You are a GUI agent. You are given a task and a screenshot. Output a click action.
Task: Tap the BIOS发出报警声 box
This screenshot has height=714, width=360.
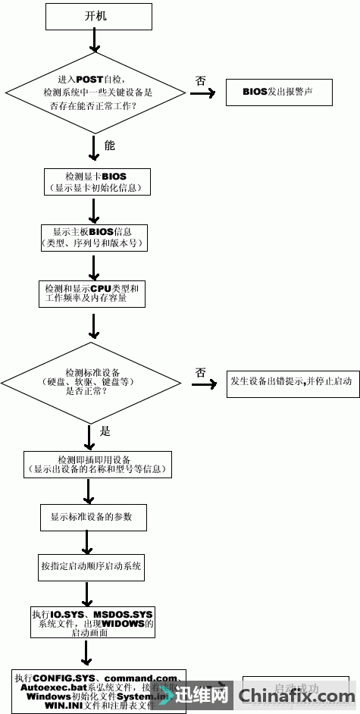[x=277, y=92]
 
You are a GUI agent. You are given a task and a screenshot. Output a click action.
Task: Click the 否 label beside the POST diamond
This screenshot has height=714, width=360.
[x=200, y=80]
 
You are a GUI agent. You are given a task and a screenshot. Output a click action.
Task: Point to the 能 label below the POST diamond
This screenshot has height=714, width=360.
[x=109, y=144]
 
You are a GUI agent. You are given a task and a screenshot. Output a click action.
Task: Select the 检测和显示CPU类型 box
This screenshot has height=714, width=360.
[x=91, y=293]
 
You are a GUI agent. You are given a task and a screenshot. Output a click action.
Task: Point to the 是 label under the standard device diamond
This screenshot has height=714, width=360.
[x=105, y=431]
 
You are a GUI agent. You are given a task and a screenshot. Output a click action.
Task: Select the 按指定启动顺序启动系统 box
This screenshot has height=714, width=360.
[x=92, y=566]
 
